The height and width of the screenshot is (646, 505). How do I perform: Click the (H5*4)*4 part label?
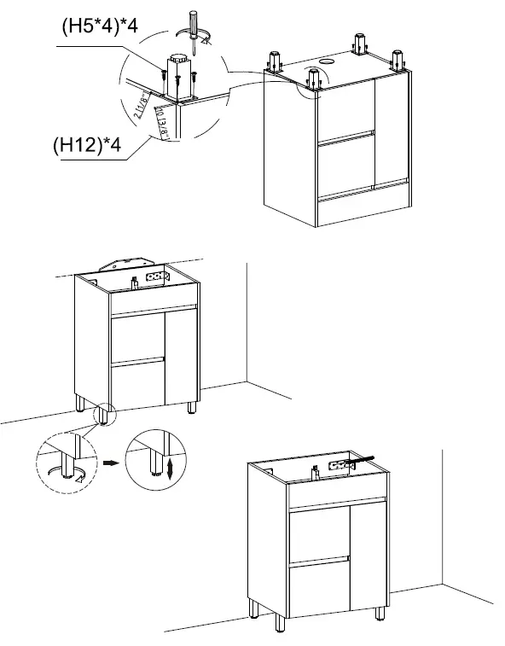[98, 26]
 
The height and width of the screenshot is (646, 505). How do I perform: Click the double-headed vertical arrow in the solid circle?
[171, 468]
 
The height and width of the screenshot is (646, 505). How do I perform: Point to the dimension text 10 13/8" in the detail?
[160, 114]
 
